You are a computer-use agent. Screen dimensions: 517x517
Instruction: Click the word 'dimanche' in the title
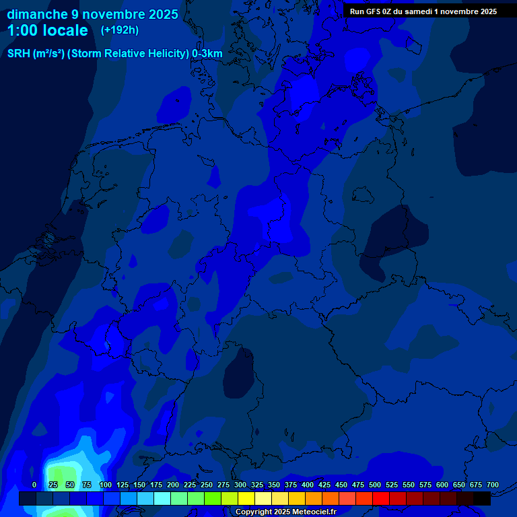coord(36,14)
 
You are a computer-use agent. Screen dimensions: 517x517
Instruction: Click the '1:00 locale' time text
coord(47,30)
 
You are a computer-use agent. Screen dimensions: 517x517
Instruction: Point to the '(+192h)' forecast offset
coord(119,30)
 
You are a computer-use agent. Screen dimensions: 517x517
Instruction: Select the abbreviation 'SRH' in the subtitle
coord(19,54)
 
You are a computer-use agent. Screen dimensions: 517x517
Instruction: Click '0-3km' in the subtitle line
coord(207,54)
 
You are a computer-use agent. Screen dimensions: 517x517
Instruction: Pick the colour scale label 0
coord(34,485)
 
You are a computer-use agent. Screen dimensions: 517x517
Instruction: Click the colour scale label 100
coord(106,485)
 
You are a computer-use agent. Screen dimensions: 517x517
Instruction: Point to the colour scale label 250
coord(207,485)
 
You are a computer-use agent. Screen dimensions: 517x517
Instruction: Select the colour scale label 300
coord(240,485)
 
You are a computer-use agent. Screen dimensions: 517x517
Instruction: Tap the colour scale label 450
coord(341,485)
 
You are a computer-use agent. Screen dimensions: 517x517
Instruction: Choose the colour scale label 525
coord(392,485)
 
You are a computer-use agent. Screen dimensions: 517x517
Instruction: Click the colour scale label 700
coord(493,485)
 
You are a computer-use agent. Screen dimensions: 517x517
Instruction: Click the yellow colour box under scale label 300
coord(246,498)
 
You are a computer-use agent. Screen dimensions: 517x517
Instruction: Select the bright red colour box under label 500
coord(381,498)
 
